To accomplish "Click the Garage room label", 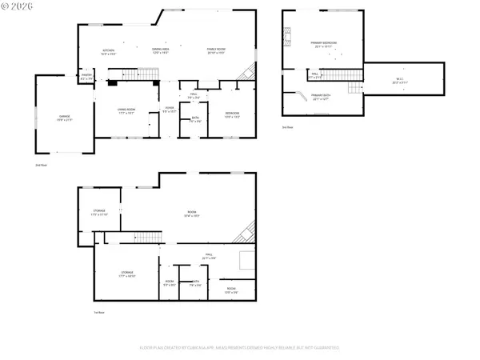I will click(x=63, y=117).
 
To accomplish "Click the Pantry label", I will click(x=86, y=78).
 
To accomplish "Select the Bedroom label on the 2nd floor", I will click(x=232, y=114).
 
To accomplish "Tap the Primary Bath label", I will click(x=320, y=96).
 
